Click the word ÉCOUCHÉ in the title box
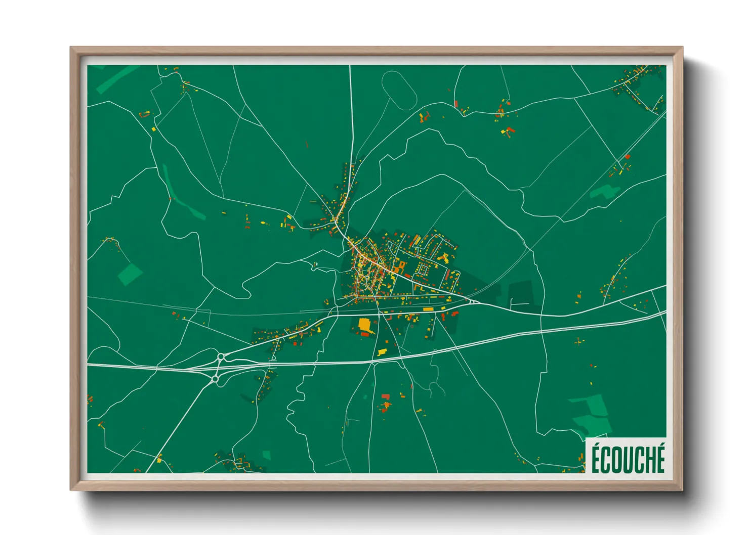tap(628, 457)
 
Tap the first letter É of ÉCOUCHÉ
tap(597, 457)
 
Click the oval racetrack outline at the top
tap(398, 90)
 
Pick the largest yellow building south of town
tap(364, 324)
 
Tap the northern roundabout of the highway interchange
tap(221, 357)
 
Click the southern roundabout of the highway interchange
tap(216, 379)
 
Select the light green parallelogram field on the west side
tap(131, 275)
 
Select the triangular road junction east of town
tap(473, 302)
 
